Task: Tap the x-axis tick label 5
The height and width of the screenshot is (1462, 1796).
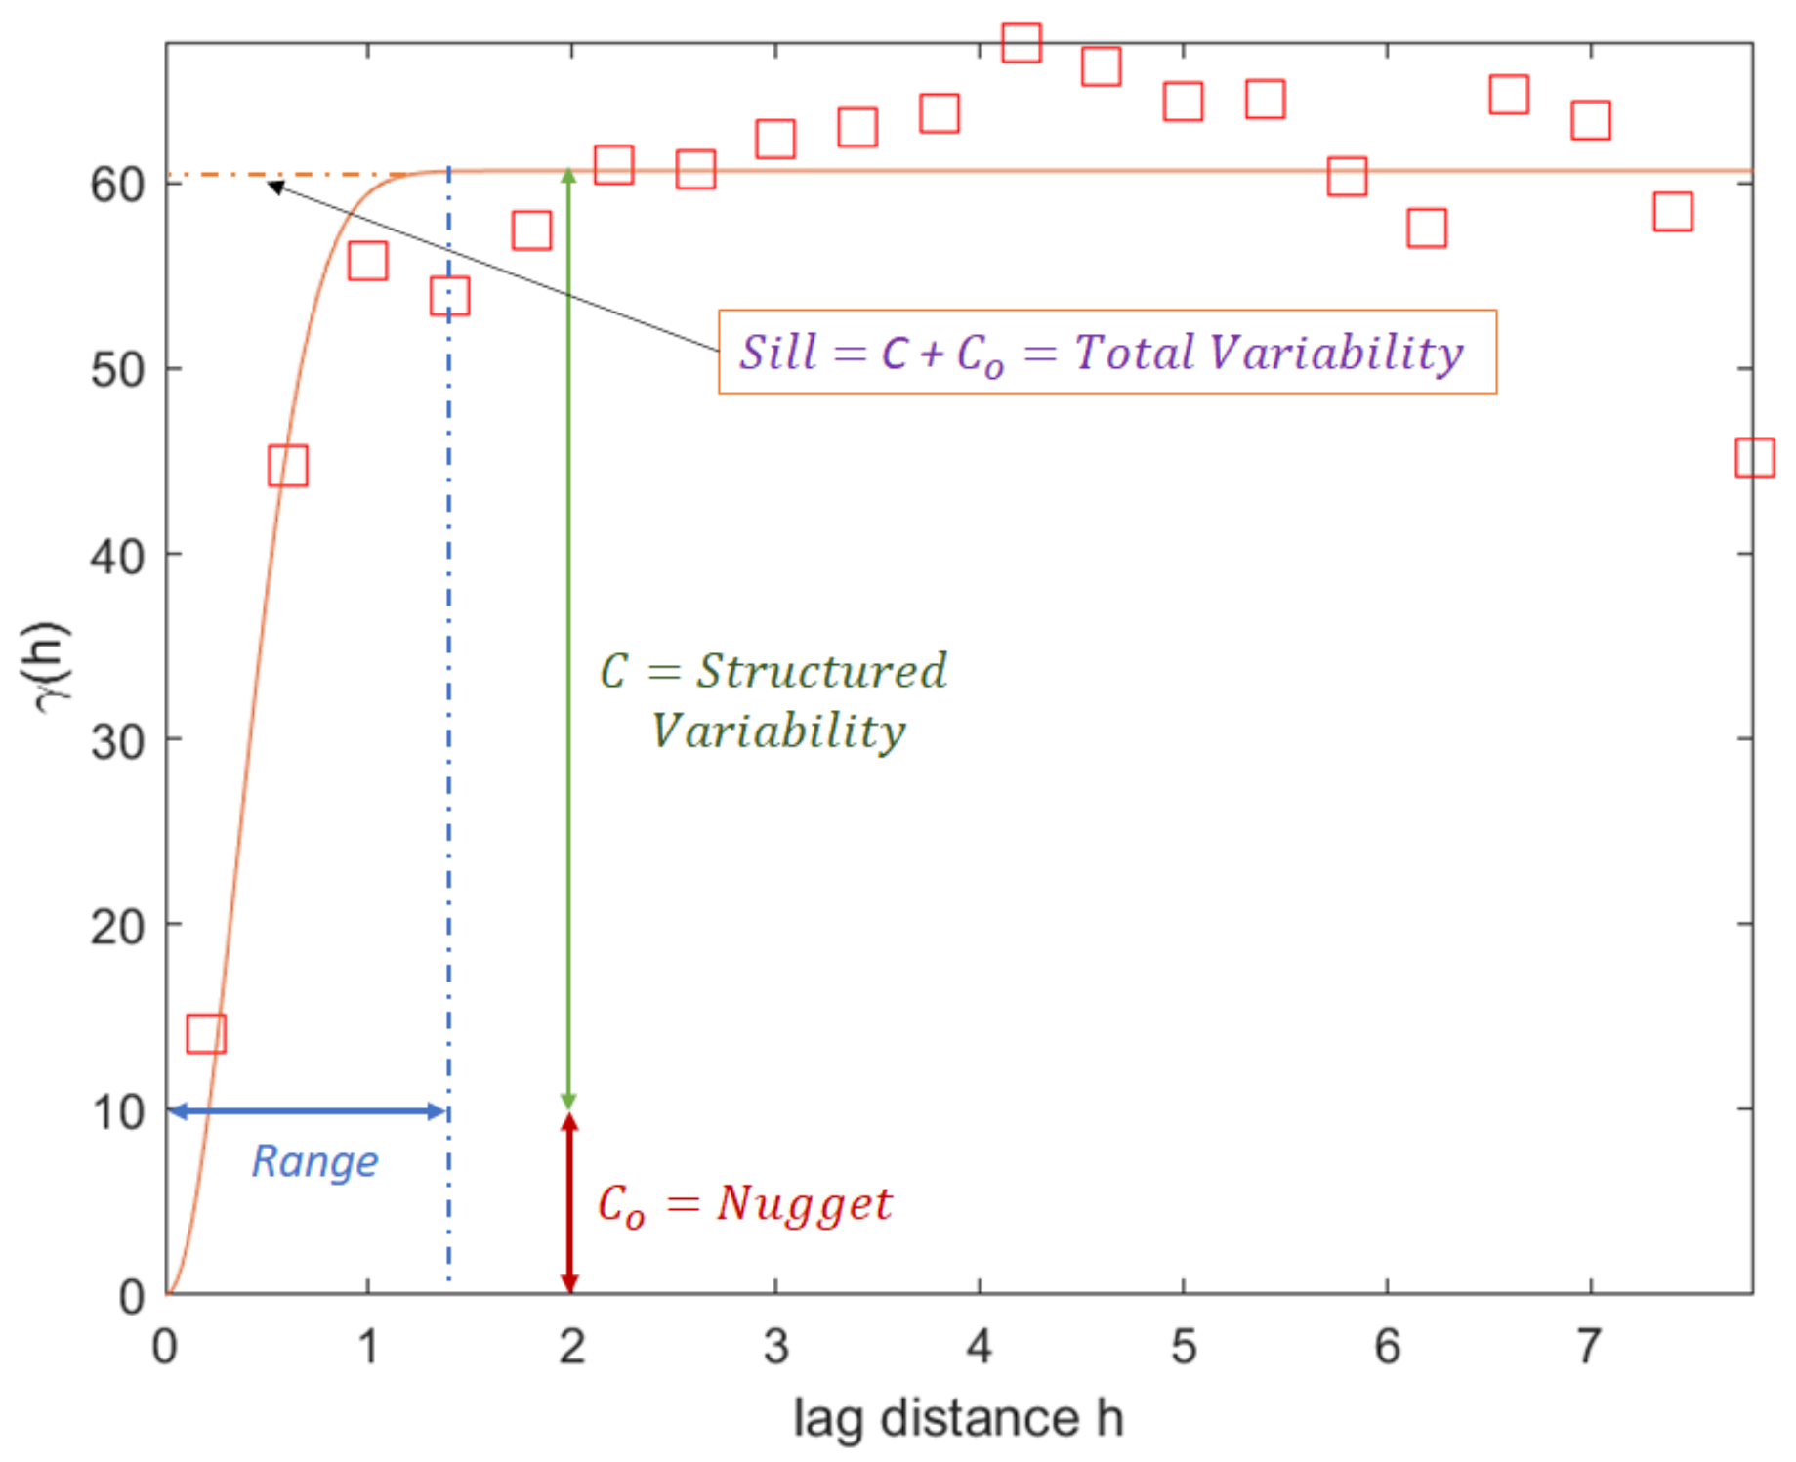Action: pos(1183,1347)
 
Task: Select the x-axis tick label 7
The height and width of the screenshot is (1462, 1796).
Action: pos(1589,1347)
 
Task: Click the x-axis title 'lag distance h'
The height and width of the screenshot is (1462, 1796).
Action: pos(958,1418)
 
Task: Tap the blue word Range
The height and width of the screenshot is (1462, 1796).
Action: pos(314,1161)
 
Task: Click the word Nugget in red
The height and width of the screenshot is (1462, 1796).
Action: pos(804,1204)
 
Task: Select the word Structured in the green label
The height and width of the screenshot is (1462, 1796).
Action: pos(820,671)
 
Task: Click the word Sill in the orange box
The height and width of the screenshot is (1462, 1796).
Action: pos(777,353)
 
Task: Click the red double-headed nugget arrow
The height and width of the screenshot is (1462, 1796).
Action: pos(569,1203)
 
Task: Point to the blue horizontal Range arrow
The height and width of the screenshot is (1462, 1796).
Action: pos(308,1111)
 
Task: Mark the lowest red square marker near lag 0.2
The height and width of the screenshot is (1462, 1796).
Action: pos(206,1033)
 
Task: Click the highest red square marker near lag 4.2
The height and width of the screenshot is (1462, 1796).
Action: pos(1022,43)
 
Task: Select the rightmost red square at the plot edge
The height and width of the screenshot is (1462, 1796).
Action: pos(1754,457)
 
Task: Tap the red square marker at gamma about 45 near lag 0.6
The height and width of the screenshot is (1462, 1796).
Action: pos(287,466)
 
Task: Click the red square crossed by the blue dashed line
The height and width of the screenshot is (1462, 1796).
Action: pos(449,296)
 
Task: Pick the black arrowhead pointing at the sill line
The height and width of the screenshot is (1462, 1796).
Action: pos(275,186)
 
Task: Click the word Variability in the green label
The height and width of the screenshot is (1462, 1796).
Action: pos(778,731)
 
